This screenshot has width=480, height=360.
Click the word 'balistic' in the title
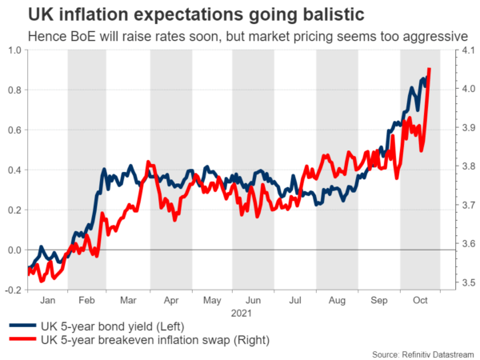tap(309, 14)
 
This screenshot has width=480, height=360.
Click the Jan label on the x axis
tap(46, 300)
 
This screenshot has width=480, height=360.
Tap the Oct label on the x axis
tap(420, 300)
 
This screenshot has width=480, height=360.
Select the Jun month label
tap(253, 300)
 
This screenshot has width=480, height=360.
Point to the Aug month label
tap(337, 300)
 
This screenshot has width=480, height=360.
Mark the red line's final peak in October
tap(430, 70)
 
